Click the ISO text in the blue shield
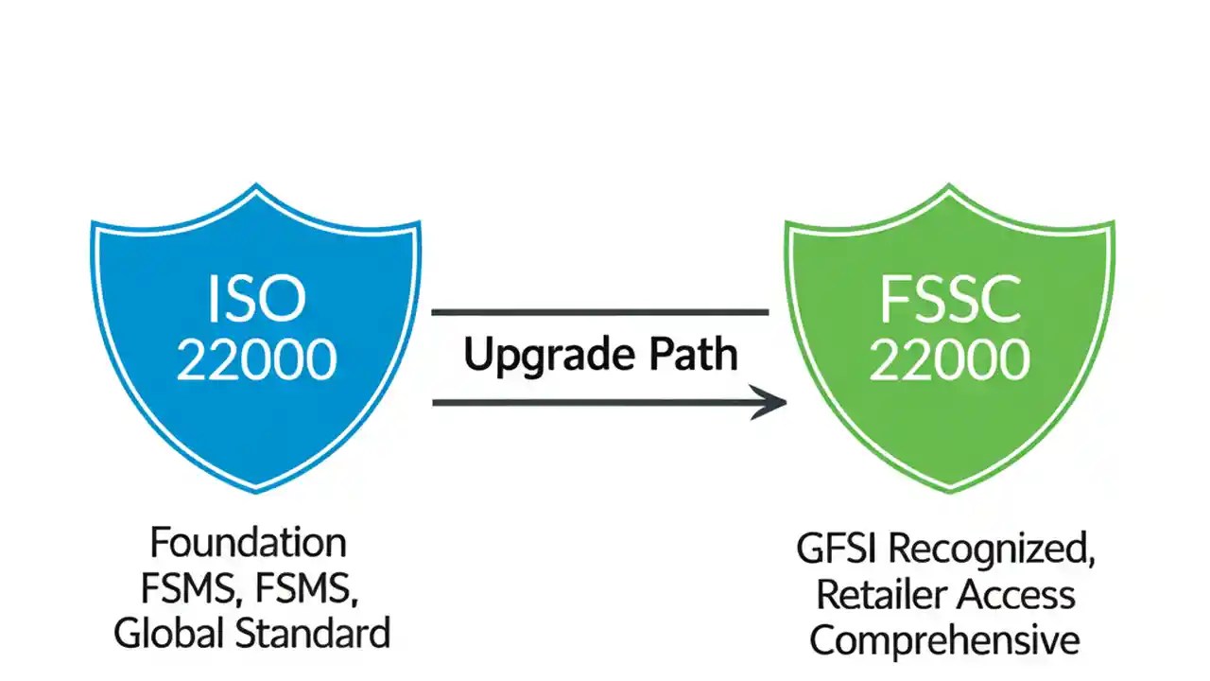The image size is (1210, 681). click(256, 299)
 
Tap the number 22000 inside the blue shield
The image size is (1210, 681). click(256, 359)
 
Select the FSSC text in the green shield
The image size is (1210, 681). click(949, 299)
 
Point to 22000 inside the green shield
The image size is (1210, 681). click(949, 359)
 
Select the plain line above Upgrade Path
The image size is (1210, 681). click(599, 311)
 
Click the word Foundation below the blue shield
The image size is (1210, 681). click(249, 544)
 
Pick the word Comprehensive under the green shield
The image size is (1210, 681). click(944, 639)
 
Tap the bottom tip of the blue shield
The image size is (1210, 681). click(256, 491)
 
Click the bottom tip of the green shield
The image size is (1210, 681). click(949, 491)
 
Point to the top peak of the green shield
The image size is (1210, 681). click(949, 186)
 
